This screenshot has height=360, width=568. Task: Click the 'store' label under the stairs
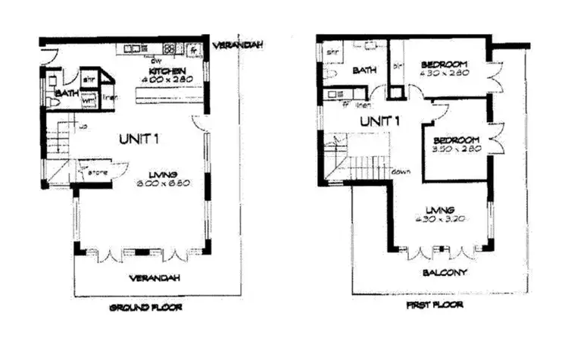[x=96, y=172]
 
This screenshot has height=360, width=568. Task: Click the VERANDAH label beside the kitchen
[x=238, y=45]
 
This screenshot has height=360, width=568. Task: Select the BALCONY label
[x=445, y=272]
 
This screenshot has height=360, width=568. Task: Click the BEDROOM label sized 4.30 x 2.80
[x=445, y=63]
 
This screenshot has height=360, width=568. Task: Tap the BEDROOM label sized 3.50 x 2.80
[x=457, y=139]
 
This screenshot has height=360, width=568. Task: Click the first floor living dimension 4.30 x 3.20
[x=438, y=218]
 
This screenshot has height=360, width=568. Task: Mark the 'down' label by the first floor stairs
[x=401, y=171]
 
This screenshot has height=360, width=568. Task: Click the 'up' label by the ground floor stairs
[x=81, y=126]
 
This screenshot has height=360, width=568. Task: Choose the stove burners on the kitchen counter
[x=170, y=49]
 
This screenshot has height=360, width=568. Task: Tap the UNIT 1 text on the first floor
[x=379, y=121]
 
